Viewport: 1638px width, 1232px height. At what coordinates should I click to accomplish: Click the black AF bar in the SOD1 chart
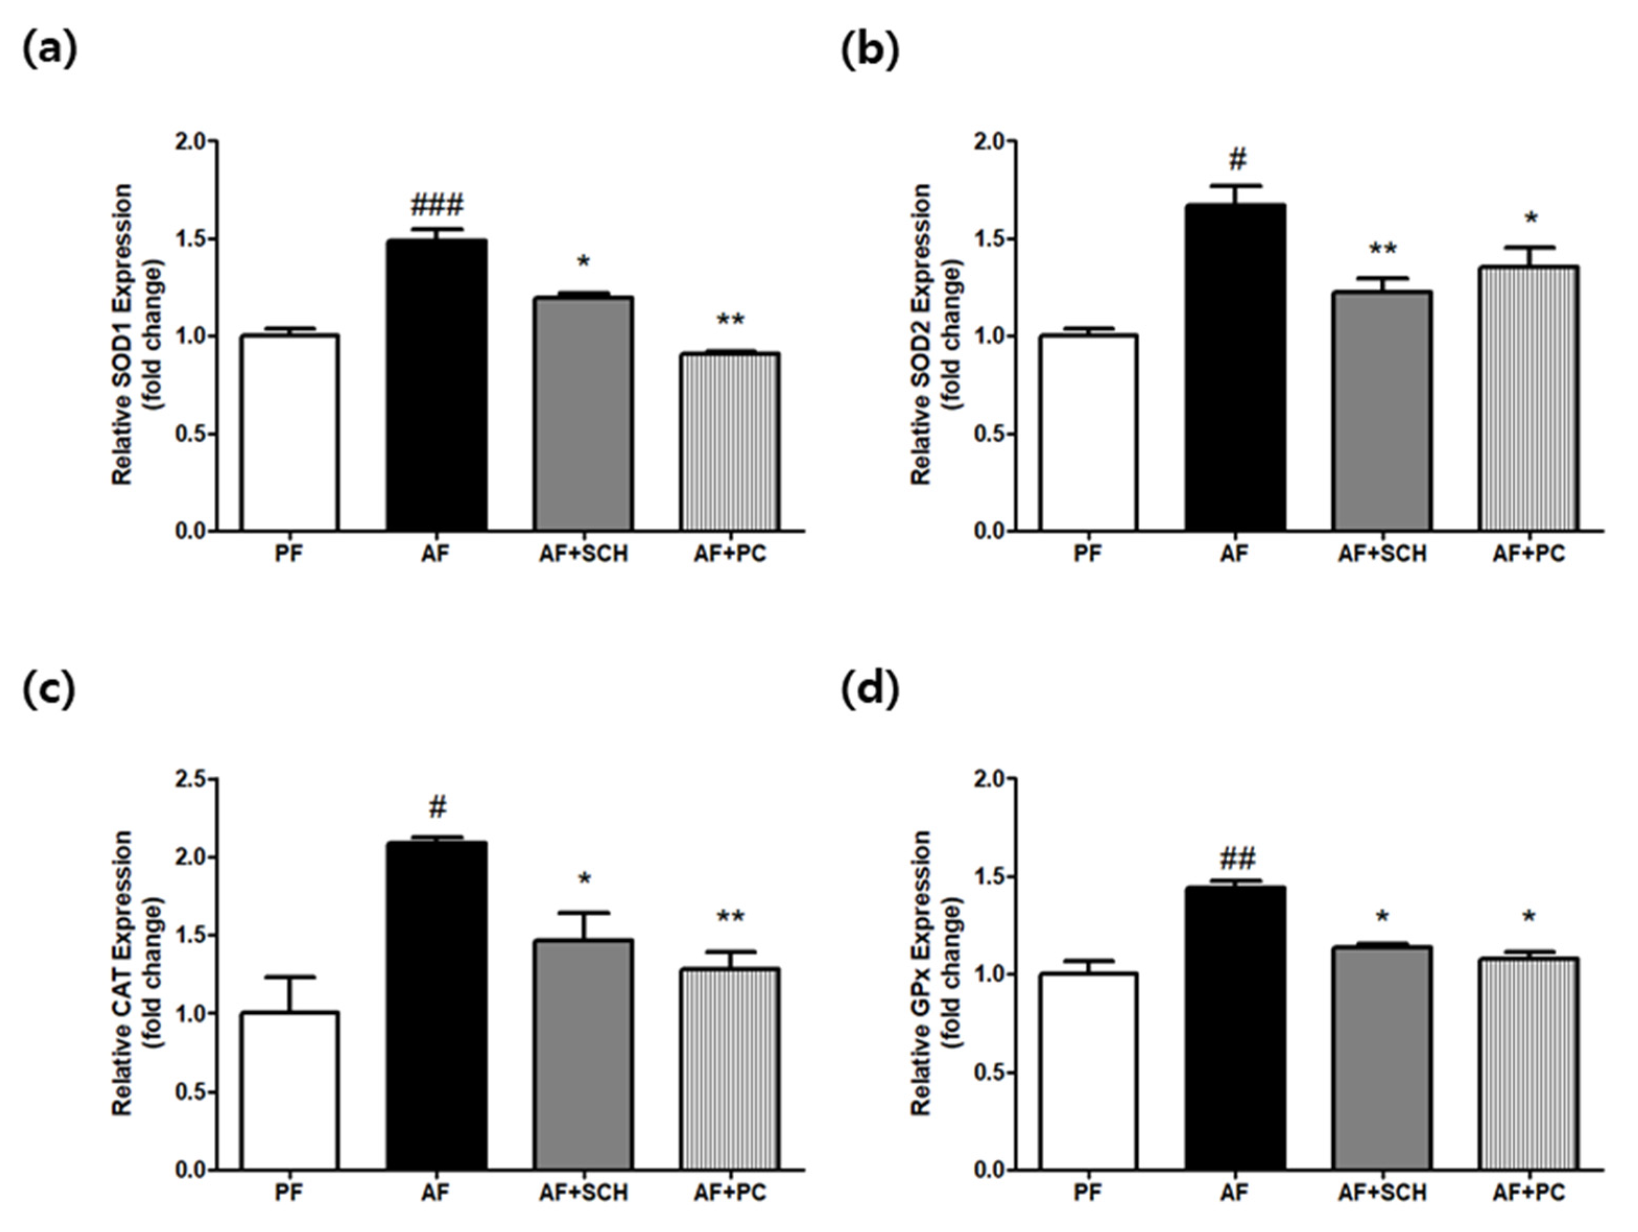(x=436, y=385)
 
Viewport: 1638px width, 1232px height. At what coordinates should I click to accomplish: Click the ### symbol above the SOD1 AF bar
(x=437, y=205)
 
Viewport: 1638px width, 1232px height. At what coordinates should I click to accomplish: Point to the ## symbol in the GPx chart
(x=1237, y=859)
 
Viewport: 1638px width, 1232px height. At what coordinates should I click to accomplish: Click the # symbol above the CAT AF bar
(x=438, y=808)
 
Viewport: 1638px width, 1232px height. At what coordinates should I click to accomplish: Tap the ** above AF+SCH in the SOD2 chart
(x=1382, y=250)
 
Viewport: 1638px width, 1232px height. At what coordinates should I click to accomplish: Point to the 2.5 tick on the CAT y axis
(x=191, y=779)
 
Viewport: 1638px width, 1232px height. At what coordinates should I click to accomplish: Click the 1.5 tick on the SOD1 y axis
(x=191, y=239)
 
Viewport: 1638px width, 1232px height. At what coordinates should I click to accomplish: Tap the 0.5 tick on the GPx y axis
(x=990, y=1072)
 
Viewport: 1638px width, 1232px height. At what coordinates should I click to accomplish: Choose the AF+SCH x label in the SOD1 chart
(x=583, y=553)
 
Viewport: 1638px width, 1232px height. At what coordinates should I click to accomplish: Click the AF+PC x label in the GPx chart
(x=1528, y=1193)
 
